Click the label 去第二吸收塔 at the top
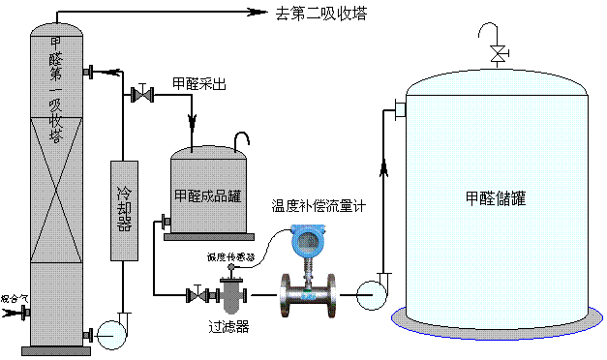(322, 13)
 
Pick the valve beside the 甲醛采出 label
(143, 95)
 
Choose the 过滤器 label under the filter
(229, 327)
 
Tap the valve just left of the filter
(197, 293)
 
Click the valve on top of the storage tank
(497, 54)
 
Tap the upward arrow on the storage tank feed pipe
(384, 170)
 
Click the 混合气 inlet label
(11, 298)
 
